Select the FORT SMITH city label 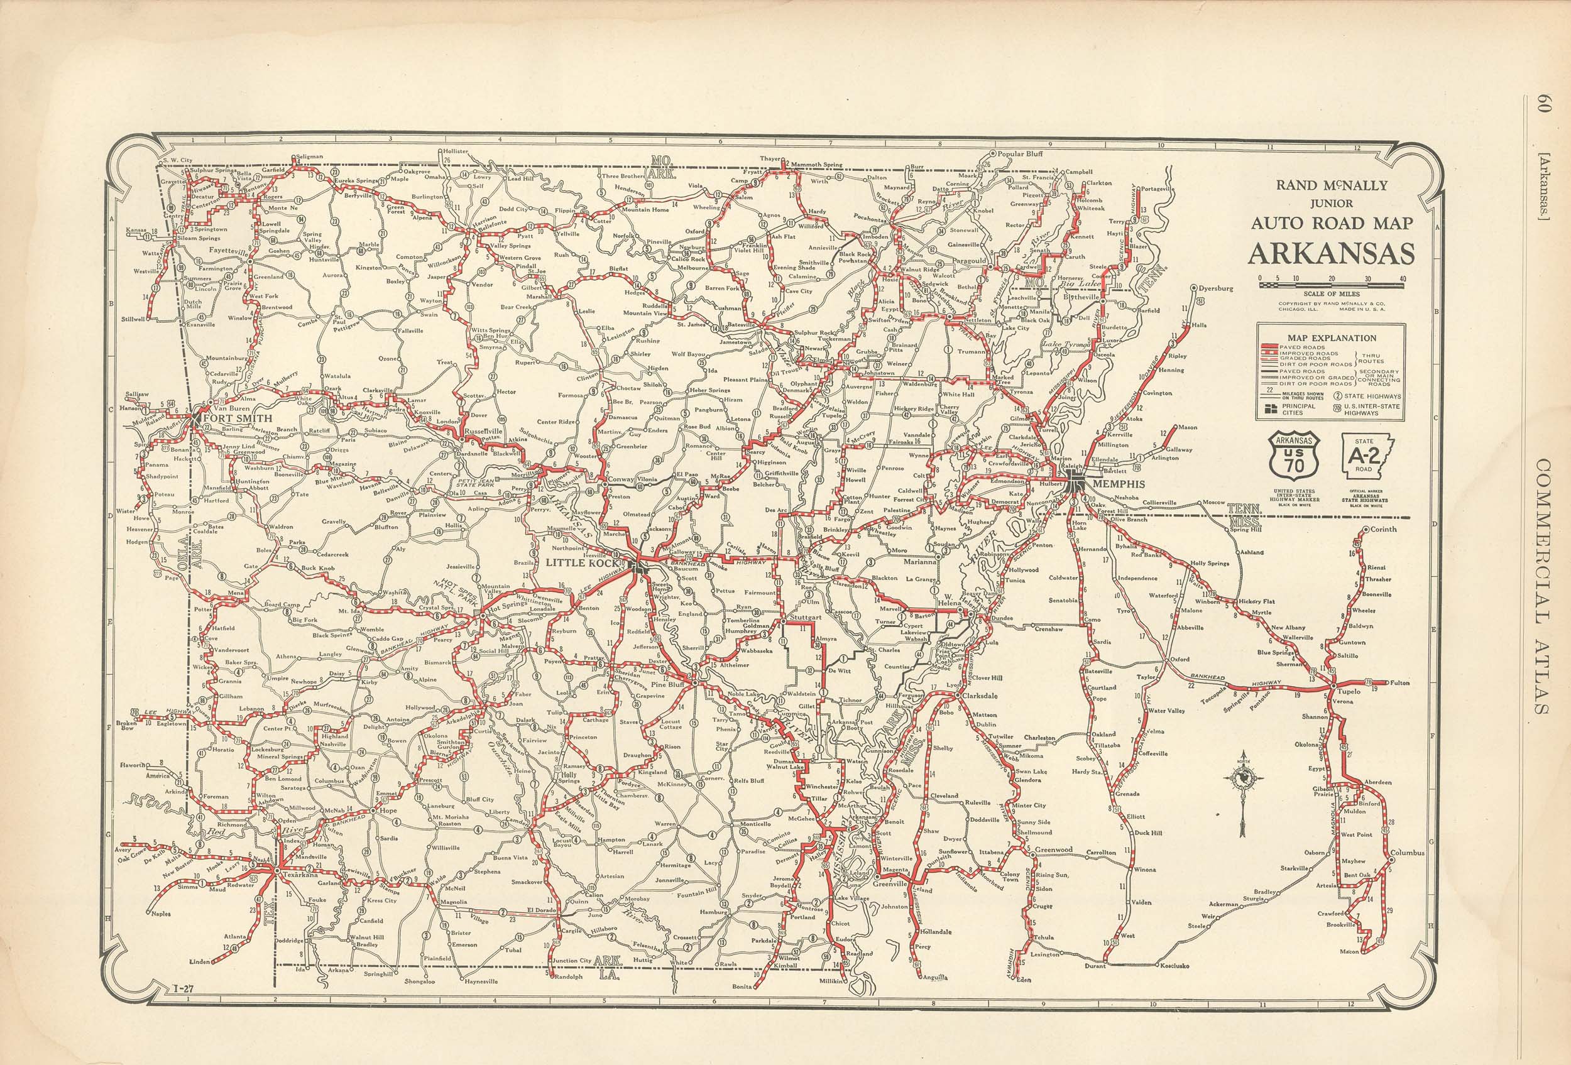click(x=232, y=419)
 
